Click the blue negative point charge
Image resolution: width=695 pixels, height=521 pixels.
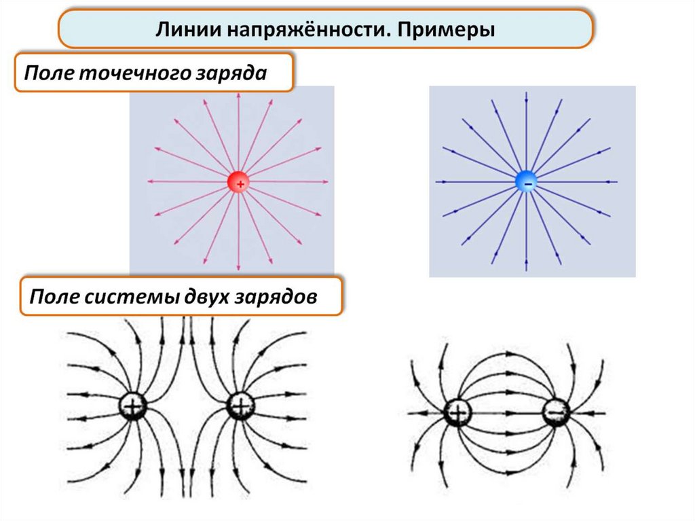pos(527,181)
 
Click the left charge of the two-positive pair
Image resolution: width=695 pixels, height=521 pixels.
pos(132,406)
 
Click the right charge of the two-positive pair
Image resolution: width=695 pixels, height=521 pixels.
pos(240,406)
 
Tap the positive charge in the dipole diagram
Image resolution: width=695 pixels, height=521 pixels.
pos(457,413)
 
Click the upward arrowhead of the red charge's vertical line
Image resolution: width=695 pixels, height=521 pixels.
pos(238,95)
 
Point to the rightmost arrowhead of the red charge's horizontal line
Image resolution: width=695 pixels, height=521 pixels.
pos(325,181)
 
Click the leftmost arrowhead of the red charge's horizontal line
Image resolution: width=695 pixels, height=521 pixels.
pos(151,181)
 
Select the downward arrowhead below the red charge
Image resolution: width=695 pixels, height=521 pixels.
pos(238,267)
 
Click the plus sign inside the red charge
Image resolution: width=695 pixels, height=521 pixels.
pos(240,183)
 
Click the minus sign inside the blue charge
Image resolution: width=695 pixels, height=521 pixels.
pos(528,183)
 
